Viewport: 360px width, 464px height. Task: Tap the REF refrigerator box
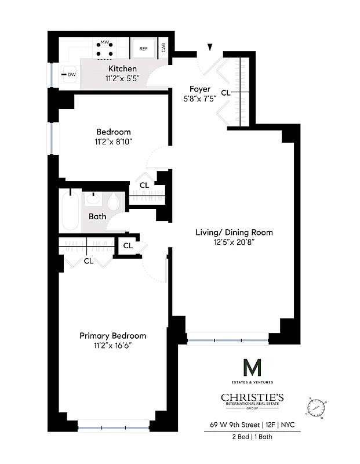(143, 49)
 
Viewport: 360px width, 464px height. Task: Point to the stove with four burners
(105, 50)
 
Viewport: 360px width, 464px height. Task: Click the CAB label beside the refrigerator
(163, 48)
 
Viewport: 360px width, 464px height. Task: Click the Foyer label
(200, 89)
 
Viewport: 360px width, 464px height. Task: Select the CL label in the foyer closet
(226, 92)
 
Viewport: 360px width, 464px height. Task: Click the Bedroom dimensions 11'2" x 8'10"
(113, 142)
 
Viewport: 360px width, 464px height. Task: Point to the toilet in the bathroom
(114, 203)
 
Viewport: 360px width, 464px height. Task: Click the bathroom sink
(93, 201)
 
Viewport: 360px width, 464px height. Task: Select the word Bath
(97, 217)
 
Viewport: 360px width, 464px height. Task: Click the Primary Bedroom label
(112, 336)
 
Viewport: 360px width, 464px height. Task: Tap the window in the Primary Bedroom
(116, 429)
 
